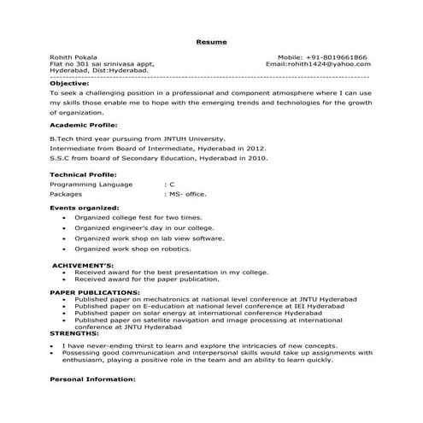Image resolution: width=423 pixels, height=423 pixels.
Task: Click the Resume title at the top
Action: coord(210,41)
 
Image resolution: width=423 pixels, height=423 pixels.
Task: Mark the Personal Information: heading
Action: coord(91,377)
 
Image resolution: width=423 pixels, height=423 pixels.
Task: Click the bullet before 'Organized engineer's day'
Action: coord(66,228)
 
